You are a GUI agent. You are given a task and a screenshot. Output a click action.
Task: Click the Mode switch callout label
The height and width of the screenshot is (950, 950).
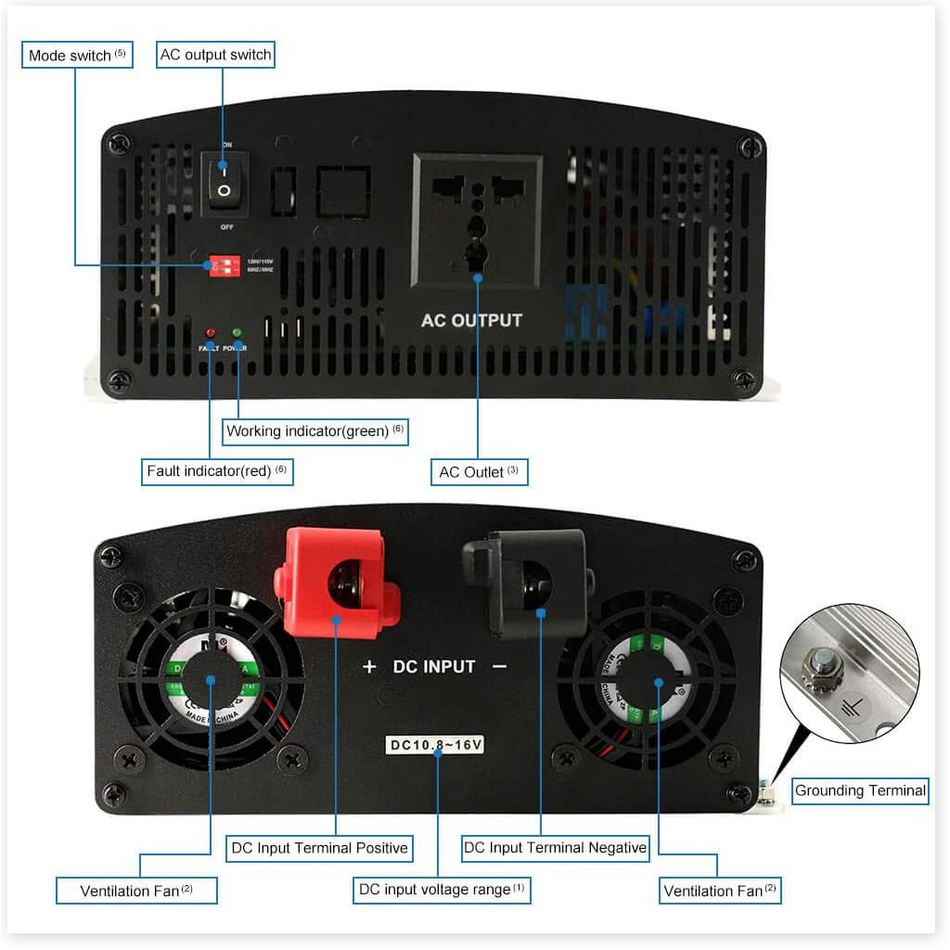[x=77, y=56]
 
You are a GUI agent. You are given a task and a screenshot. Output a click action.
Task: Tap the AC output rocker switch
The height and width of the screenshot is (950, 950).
[x=224, y=180]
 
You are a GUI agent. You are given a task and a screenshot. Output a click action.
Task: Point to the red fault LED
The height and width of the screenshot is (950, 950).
[x=211, y=333]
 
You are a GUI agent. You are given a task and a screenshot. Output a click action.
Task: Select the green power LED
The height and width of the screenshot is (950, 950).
[x=237, y=333]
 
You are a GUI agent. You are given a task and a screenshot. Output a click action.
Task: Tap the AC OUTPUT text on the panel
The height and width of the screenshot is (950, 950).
[x=471, y=321]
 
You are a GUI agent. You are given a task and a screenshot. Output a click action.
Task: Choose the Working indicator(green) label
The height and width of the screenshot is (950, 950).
[x=316, y=431]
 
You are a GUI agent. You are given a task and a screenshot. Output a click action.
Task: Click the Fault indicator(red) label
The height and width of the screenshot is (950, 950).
[x=217, y=471]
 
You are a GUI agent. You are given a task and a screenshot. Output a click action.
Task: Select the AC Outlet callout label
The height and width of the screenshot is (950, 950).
[x=479, y=472]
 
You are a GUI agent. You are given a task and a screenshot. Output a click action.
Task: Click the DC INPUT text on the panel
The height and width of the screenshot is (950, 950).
[x=434, y=666]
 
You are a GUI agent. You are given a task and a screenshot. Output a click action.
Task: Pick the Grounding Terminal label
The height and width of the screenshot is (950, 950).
[x=860, y=790]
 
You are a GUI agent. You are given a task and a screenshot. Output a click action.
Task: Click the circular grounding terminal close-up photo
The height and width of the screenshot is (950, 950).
[x=849, y=674]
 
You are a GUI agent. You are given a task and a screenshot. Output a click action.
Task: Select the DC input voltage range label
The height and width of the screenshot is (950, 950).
[x=442, y=890]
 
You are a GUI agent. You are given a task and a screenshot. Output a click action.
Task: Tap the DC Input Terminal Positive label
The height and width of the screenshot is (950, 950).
[x=318, y=848]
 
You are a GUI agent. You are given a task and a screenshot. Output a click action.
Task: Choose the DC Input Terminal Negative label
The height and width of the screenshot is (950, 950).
[x=555, y=847]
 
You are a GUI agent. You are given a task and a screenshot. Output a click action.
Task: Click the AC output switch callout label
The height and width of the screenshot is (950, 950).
[x=216, y=55]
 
